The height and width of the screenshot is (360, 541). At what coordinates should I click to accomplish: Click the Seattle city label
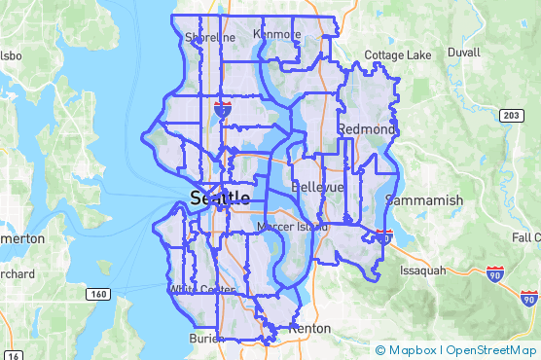(x=221, y=198)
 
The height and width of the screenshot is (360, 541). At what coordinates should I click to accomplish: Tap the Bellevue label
(x=318, y=186)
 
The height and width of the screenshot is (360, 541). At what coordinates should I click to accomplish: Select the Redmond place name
(x=367, y=129)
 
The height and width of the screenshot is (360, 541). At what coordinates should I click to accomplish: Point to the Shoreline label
(x=210, y=38)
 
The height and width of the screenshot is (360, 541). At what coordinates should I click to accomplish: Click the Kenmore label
(x=276, y=34)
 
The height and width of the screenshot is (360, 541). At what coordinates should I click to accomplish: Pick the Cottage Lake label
(x=397, y=54)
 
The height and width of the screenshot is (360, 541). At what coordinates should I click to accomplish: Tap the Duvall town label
(x=464, y=51)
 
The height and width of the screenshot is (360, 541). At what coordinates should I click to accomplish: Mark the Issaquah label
(x=421, y=270)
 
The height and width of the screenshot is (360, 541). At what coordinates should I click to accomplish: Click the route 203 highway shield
(x=511, y=116)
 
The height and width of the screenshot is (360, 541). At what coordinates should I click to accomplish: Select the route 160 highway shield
(x=97, y=294)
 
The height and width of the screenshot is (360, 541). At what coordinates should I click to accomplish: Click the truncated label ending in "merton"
(x=21, y=238)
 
